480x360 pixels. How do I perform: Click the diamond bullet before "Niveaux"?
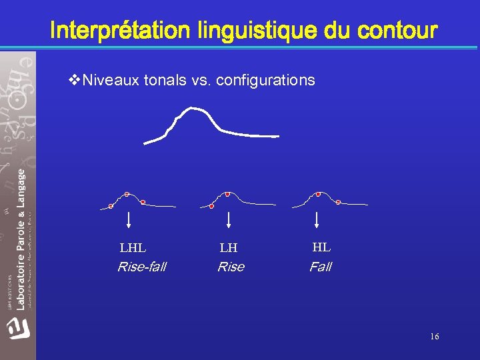[x=74, y=81]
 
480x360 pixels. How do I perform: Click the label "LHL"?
[x=133, y=249]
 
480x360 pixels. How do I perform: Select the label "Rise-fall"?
[x=141, y=267]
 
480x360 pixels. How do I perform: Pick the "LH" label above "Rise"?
[x=229, y=249]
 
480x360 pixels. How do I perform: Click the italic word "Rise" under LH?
[x=231, y=267]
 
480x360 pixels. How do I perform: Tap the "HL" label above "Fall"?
[x=321, y=247]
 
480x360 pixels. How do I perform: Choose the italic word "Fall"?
[x=320, y=267]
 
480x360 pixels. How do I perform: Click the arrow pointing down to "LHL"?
[x=129, y=220]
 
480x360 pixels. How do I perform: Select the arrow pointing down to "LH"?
[x=229, y=220]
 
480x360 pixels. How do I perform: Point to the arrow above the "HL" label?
[x=317, y=220]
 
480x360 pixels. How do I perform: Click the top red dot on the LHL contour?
[x=127, y=194]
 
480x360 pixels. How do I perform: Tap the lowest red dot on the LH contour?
[x=211, y=206]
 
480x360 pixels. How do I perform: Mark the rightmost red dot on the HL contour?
[x=338, y=201]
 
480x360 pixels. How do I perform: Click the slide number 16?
[x=435, y=337]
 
